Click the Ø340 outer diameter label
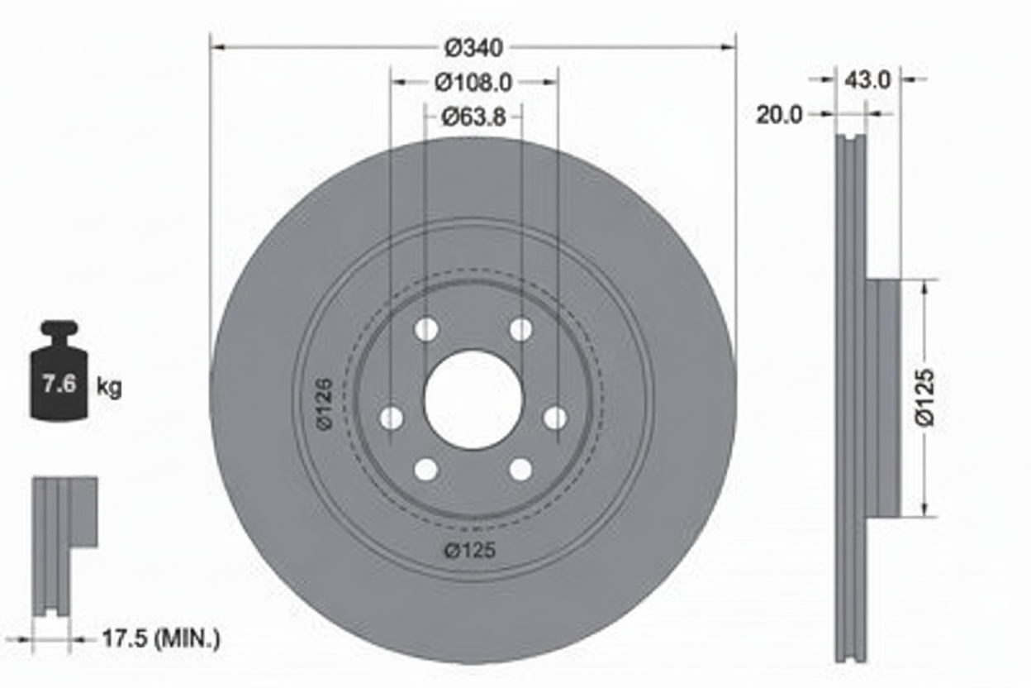coord(473,48)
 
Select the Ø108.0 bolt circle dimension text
coord(473,83)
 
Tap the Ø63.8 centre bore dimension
coord(473,117)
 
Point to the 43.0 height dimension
coord(867,79)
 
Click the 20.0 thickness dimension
coord(779,115)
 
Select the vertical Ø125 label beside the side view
coord(925,397)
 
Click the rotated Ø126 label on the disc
coord(323,404)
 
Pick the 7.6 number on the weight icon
coord(59,384)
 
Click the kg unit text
coord(109,386)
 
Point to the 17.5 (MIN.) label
coord(160,638)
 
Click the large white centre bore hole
coord(473,400)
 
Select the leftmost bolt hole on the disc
coord(392,418)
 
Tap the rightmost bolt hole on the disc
coord(555,418)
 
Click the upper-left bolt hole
coord(426,330)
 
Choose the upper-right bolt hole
coord(520,330)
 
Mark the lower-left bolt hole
coord(426,470)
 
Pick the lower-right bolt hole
coord(520,470)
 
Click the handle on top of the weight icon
coord(59,329)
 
